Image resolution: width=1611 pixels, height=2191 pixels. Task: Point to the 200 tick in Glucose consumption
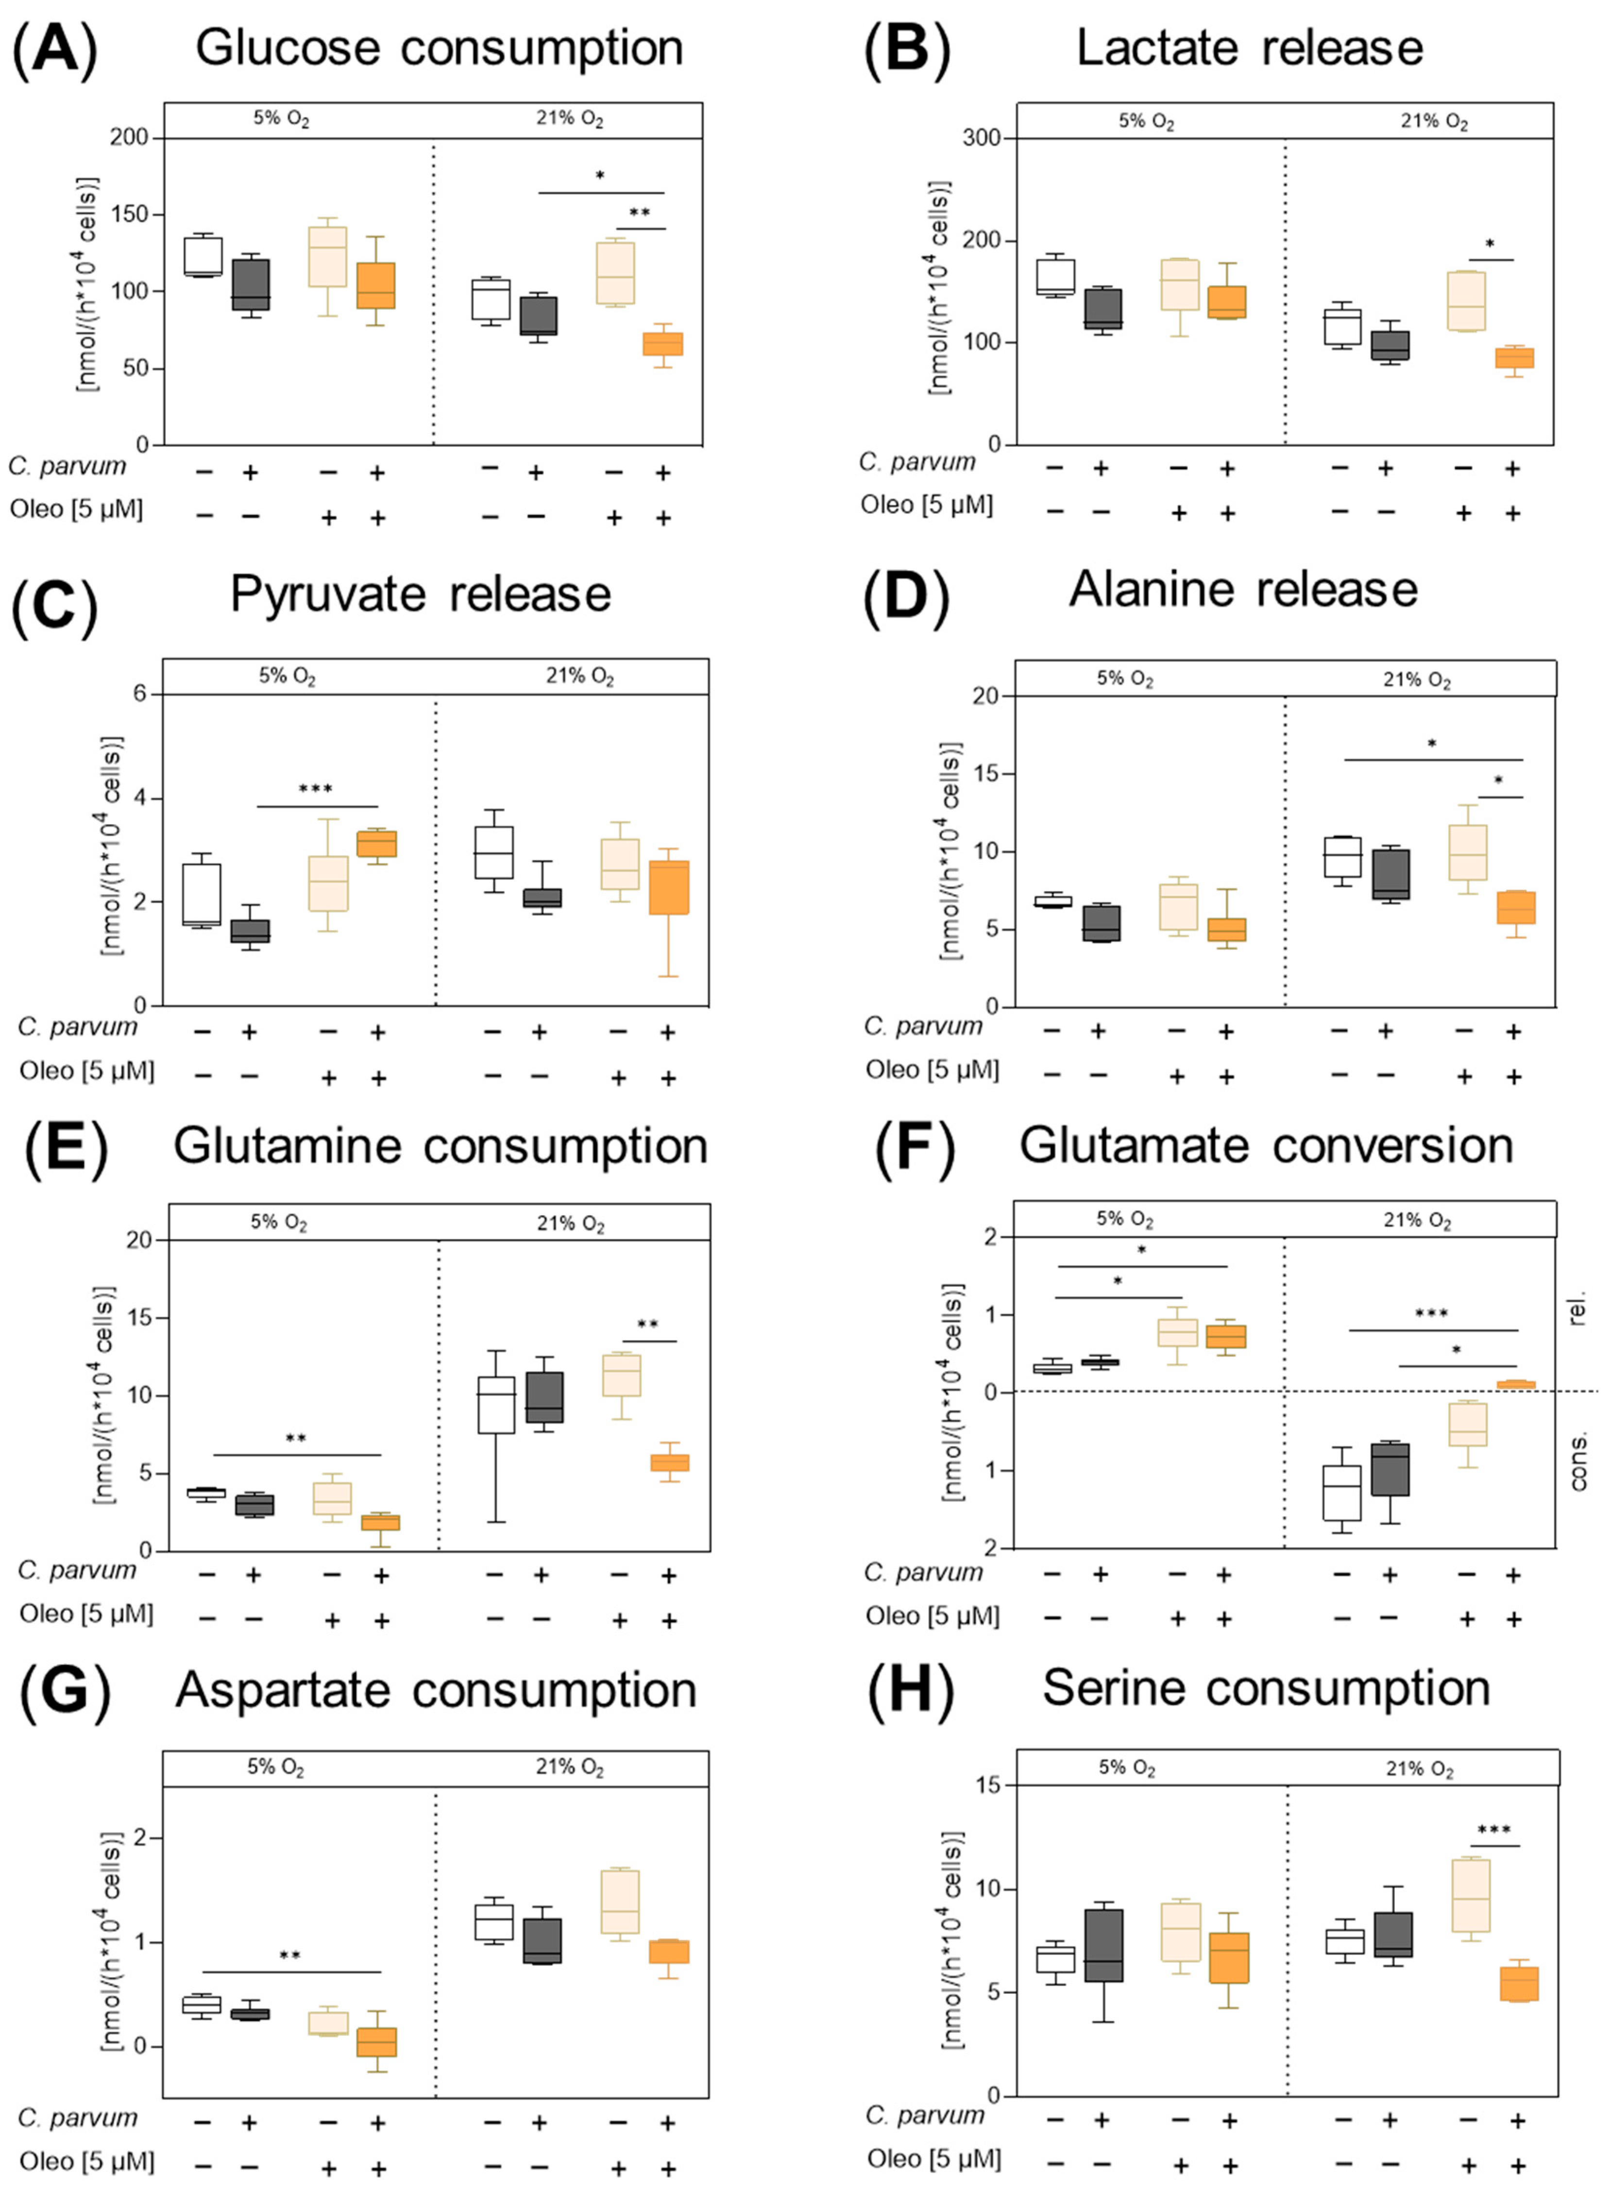click(x=129, y=137)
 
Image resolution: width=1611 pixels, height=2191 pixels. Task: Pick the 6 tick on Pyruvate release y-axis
click(x=139, y=693)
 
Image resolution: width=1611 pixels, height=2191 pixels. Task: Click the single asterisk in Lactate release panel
click(x=1489, y=244)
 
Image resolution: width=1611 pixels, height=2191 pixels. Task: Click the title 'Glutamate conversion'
click(x=1266, y=1146)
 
